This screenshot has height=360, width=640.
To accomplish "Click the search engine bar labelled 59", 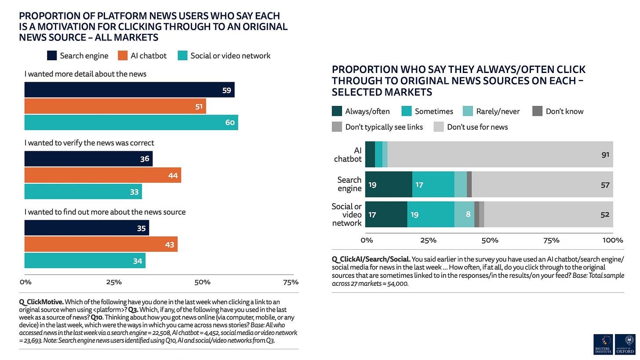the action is click(x=129, y=90).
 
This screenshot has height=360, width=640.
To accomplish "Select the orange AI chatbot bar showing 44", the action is click(x=103, y=175).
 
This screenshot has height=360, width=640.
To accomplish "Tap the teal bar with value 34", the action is click(x=85, y=261).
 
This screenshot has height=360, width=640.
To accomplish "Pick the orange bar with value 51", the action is click(x=115, y=106).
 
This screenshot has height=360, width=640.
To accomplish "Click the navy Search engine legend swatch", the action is click(x=52, y=55).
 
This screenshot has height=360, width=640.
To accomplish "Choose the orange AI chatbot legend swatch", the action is click(x=123, y=55).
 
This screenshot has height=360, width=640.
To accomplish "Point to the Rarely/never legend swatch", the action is click(x=468, y=111).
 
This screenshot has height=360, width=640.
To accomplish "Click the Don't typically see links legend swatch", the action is click(x=337, y=127).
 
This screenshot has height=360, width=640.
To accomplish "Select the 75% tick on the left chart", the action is click(x=291, y=282).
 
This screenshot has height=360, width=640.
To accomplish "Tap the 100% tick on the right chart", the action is click(x=613, y=240).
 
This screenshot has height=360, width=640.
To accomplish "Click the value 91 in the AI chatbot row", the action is click(x=605, y=155).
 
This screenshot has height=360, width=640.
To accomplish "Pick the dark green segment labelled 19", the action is click(x=389, y=184).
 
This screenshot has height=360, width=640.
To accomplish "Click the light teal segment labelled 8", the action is click(x=464, y=215).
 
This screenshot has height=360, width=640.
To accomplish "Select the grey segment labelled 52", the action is click(x=549, y=215).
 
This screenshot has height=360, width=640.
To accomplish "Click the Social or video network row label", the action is click(x=346, y=215).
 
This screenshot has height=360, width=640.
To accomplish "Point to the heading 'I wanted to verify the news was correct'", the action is click(x=89, y=143).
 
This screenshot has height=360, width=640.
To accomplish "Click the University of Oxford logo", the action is click(x=625, y=344).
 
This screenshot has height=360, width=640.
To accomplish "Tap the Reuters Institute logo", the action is click(x=603, y=344).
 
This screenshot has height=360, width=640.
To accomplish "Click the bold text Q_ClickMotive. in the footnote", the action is click(x=41, y=302).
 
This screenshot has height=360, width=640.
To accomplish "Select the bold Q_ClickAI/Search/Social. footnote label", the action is click(x=371, y=259).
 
